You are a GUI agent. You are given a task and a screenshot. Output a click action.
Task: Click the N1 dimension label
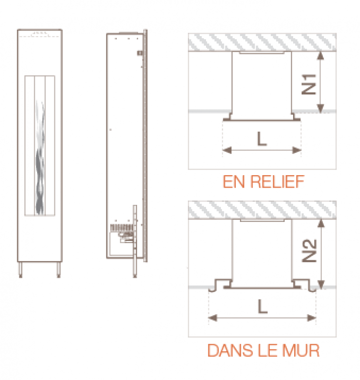[309, 84]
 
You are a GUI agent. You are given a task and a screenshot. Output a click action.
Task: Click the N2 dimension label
[309, 250]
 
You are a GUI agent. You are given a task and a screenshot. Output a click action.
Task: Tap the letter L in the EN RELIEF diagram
[262, 139]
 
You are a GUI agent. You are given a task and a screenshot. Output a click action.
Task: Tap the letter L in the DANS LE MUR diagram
[262, 307]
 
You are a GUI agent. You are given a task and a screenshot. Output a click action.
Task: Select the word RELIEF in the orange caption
[277, 182]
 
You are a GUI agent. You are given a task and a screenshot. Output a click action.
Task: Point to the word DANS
[230, 350]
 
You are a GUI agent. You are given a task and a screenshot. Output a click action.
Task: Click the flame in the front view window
[40, 157]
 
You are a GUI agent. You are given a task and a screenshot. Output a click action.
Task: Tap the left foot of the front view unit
[20, 270]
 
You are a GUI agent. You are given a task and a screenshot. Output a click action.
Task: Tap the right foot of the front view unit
[58, 270]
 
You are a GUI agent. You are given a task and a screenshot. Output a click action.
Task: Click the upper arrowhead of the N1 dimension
[320, 55]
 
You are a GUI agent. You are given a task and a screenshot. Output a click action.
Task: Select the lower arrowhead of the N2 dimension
[321, 285]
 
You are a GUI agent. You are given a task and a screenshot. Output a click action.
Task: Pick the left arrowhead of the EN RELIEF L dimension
[227, 150]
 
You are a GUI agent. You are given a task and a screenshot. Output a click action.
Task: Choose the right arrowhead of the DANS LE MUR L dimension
[312, 318]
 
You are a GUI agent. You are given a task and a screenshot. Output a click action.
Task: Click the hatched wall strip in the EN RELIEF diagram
[262, 42]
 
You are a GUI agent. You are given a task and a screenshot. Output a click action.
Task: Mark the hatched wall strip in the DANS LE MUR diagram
[262, 210]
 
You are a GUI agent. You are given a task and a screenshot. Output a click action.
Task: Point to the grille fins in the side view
[121, 228]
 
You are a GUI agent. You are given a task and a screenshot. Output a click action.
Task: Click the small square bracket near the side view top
[140, 53]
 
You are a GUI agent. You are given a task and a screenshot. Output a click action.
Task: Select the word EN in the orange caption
[234, 182]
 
